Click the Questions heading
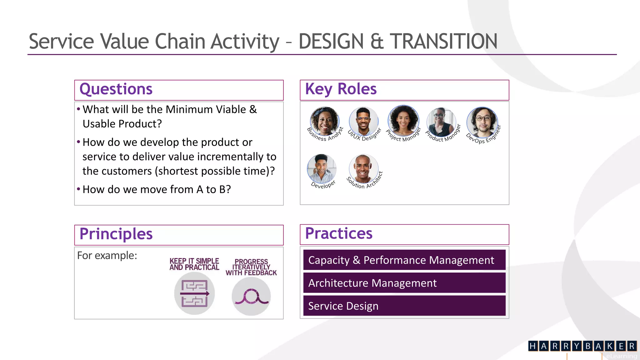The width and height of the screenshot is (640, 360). point(116,89)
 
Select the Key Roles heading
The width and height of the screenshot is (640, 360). point(341,89)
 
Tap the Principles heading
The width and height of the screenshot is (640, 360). point(116,234)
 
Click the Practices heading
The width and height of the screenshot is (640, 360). point(339,233)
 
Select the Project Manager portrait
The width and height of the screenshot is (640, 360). point(403,121)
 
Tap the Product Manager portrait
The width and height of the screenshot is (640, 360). point(441,122)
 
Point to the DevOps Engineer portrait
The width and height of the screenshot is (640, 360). point(482,122)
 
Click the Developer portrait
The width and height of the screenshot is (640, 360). point(322,169)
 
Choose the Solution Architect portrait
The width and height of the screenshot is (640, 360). point(363,169)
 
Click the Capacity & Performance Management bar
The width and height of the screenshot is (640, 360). point(404,260)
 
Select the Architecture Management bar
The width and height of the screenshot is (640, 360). point(404,283)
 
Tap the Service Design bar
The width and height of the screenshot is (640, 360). point(404,306)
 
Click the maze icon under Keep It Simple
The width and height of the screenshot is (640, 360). point(194,293)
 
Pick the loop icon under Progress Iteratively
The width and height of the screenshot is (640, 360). point(251,296)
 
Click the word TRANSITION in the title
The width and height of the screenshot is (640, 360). point(443,42)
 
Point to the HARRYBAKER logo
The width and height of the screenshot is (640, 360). point(582,346)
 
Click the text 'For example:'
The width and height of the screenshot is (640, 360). point(107,256)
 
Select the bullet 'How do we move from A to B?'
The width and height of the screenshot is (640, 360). point(157,189)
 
